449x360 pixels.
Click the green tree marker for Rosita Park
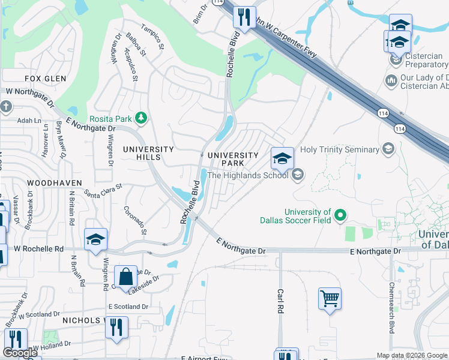[141, 118]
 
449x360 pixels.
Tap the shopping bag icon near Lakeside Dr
[125, 277]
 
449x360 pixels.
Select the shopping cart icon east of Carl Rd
[330, 298]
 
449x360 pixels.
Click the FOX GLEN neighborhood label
[45, 79]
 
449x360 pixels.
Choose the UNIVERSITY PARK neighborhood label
[233, 159]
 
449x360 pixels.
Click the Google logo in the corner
[20, 353]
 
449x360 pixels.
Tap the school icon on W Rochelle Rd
[95, 240]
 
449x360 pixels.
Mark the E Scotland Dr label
[128, 307]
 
